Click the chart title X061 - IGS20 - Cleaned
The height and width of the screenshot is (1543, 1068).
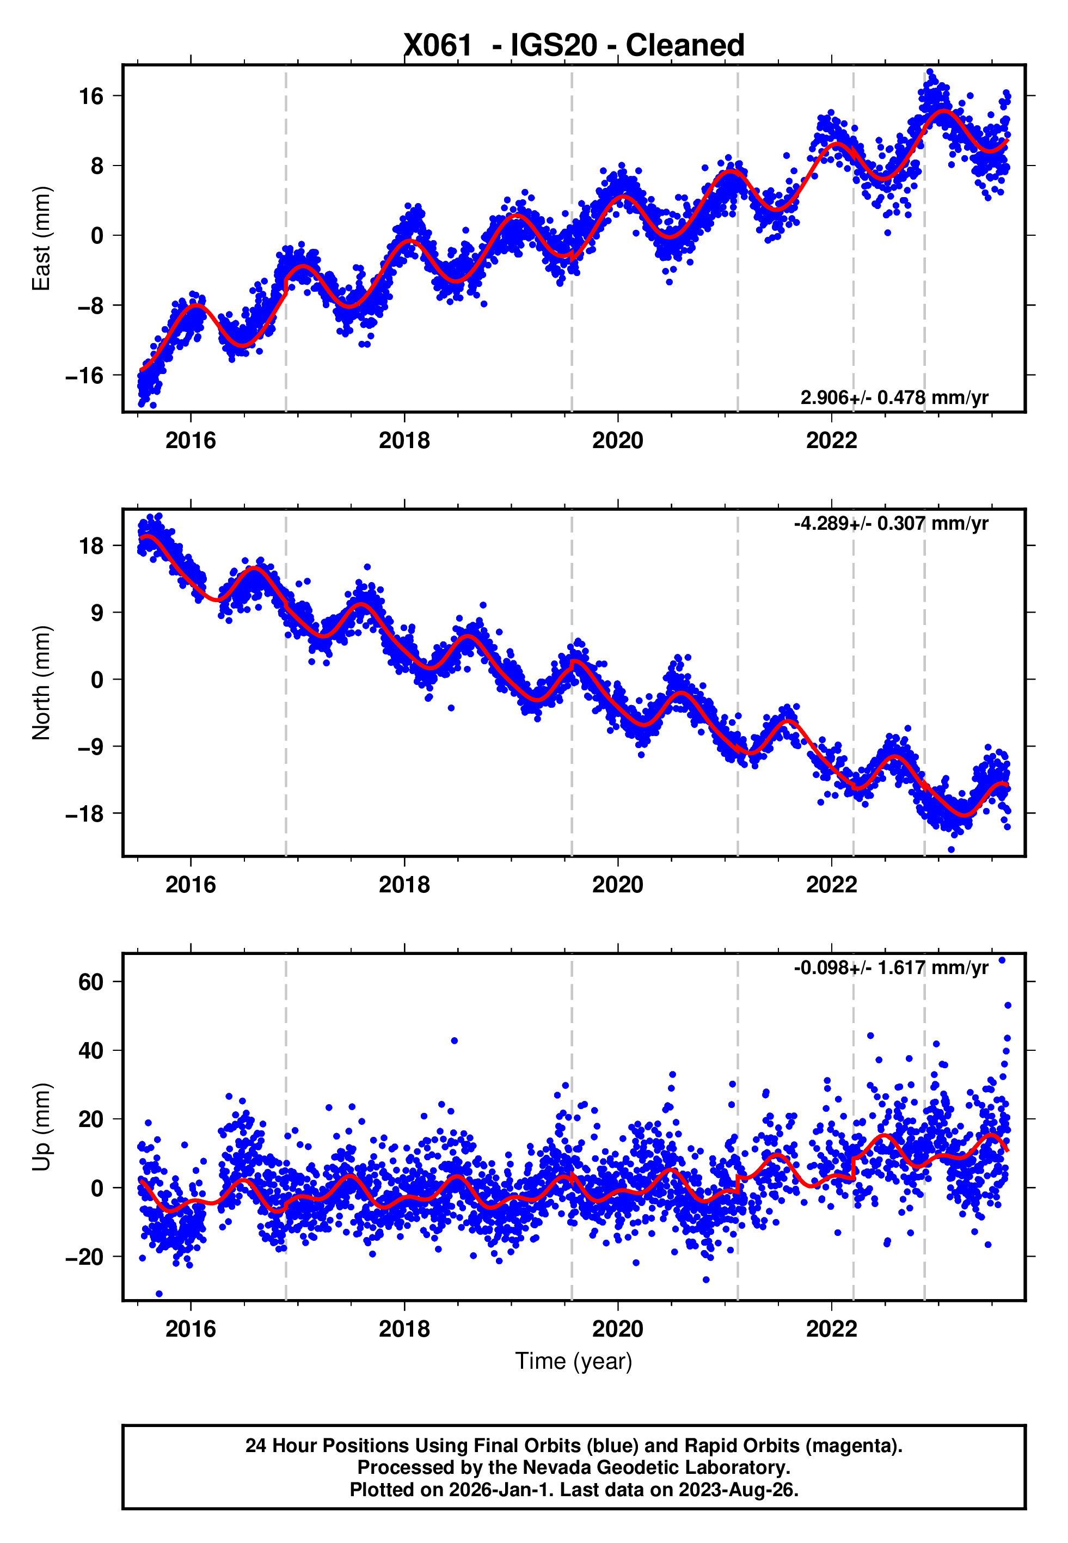pyautogui.click(x=574, y=46)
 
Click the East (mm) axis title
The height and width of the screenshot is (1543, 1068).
pyautogui.click(x=41, y=238)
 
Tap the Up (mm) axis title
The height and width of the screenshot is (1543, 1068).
pyautogui.click(x=41, y=1128)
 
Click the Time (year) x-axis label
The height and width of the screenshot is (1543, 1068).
pyautogui.click(x=574, y=1361)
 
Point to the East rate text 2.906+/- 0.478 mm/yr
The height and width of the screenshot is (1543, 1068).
pyautogui.click(x=894, y=397)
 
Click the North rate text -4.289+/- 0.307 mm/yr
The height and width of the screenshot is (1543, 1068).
pyautogui.click(x=891, y=523)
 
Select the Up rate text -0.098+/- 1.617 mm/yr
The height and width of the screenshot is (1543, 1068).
pyautogui.click(x=891, y=968)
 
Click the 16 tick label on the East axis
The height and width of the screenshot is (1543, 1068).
pyautogui.click(x=91, y=96)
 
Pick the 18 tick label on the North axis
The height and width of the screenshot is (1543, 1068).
pyautogui.click(x=91, y=546)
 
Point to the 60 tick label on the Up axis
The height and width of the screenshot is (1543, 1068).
pyautogui.click(x=91, y=982)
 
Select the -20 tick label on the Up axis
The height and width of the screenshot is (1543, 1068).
pyautogui.click(x=85, y=1257)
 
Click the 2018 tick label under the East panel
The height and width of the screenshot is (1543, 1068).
pyautogui.click(x=404, y=441)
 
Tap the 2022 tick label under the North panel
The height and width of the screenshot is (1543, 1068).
pyautogui.click(x=831, y=885)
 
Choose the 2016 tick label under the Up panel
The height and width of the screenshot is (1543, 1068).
pyautogui.click(x=191, y=1330)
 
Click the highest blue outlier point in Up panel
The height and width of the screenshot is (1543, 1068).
pyautogui.click(x=1002, y=960)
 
